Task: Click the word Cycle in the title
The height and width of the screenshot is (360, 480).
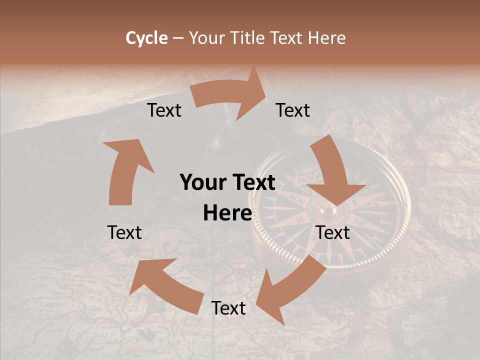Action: [146, 38]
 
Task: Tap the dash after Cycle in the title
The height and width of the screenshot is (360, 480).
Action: [178, 38]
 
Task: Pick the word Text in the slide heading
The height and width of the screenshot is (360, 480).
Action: [287, 38]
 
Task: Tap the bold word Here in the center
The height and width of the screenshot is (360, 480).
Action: [227, 213]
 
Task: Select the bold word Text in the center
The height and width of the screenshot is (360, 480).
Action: [251, 183]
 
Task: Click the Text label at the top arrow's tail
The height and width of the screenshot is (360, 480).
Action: [164, 110]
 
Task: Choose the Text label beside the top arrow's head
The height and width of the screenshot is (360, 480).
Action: [293, 110]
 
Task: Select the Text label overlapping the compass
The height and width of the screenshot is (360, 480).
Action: [333, 232]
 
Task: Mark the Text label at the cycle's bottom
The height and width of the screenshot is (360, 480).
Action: [228, 308]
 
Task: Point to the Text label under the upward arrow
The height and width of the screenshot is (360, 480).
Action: [124, 232]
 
